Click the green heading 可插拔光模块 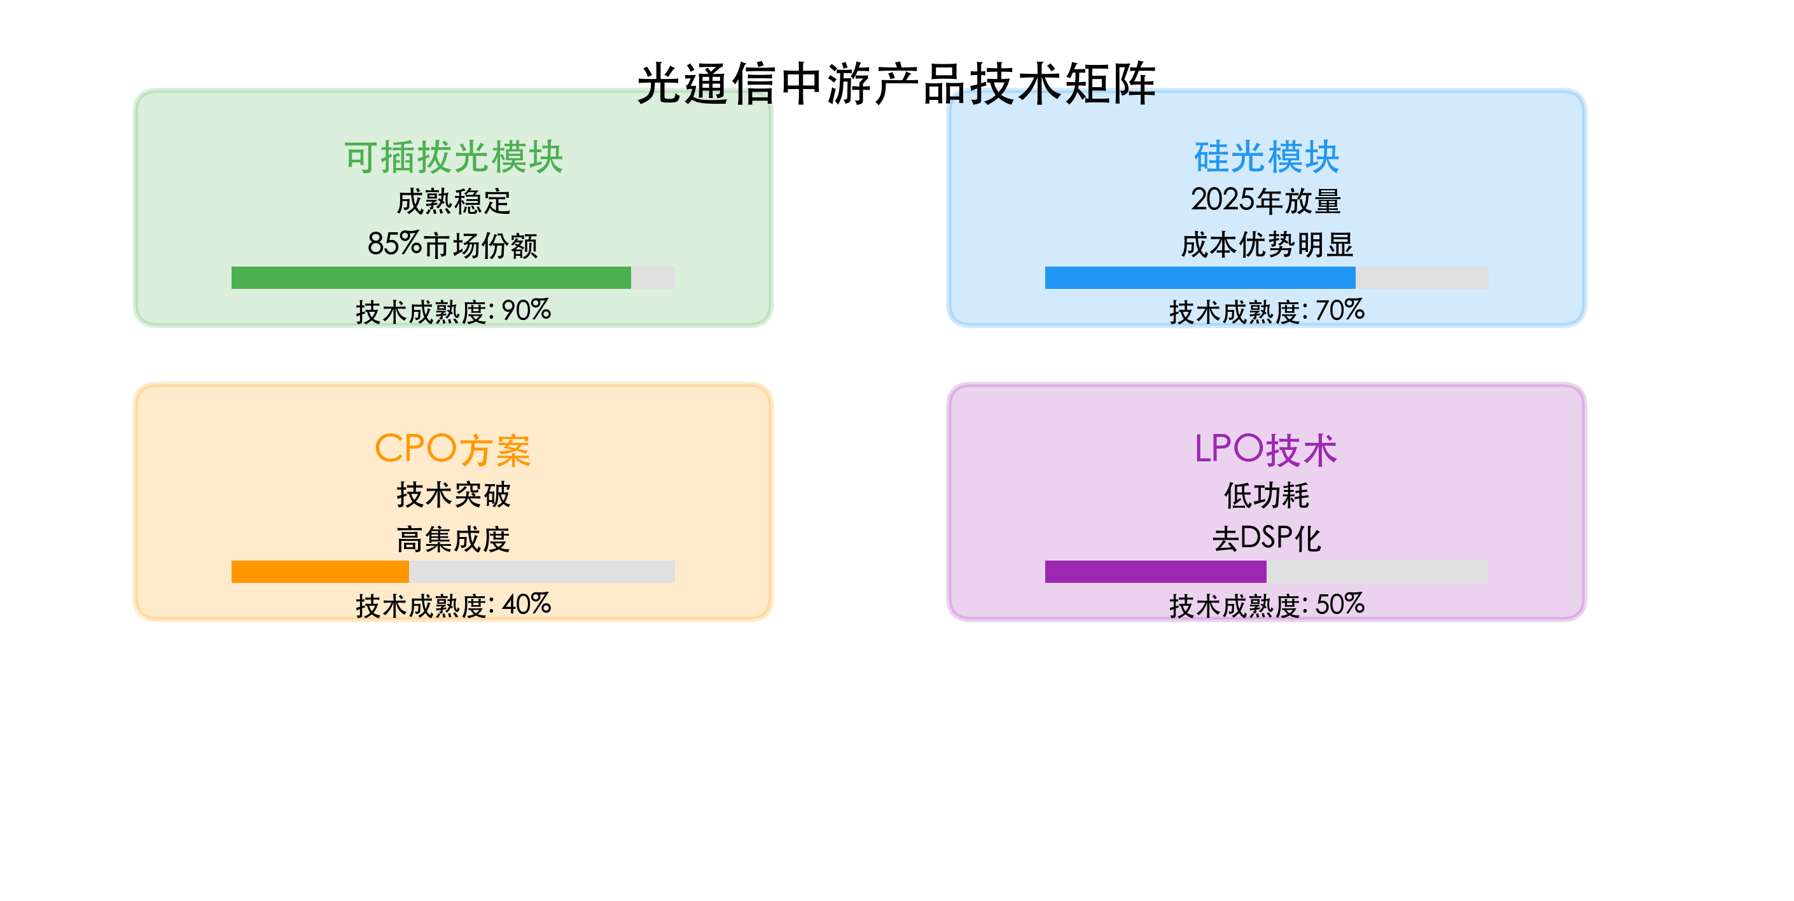(x=454, y=157)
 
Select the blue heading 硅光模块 (x=1266, y=157)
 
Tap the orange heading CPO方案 (x=454, y=449)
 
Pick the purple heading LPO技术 (x=1266, y=449)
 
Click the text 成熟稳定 (x=454, y=202)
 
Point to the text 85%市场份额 (x=454, y=245)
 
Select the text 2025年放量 (x=1266, y=200)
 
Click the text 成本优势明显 (x=1266, y=245)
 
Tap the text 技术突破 (x=454, y=496)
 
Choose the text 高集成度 (x=454, y=540)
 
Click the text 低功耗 (x=1266, y=496)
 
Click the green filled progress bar (x=431, y=277)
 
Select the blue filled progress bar (x=1200, y=277)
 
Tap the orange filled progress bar (x=319, y=571)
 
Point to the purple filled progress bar (x=1155, y=571)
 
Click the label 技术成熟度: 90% (x=454, y=311)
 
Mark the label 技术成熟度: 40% (x=454, y=605)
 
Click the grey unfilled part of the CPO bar (x=542, y=571)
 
